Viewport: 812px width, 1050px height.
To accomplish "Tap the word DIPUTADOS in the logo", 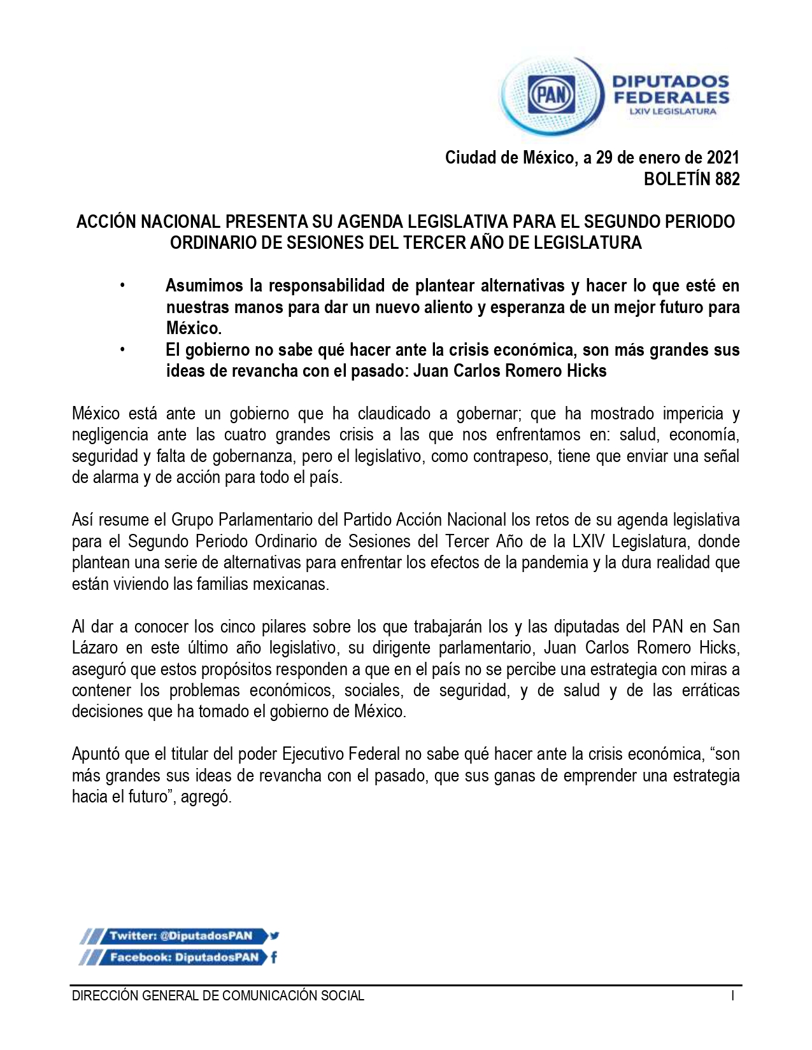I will (x=671, y=81).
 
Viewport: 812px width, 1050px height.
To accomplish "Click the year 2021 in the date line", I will (x=723, y=157).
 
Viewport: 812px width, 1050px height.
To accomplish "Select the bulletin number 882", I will (x=727, y=179).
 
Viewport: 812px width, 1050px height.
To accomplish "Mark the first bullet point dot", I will (x=122, y=286).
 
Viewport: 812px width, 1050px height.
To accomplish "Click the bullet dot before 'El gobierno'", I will (x=122, y=350).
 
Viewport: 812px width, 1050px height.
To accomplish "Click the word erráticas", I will (x=711, y=690).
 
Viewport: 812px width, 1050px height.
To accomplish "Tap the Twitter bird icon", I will (x=274, y=935).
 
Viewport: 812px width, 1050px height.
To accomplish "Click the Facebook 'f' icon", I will (x=274, y=957).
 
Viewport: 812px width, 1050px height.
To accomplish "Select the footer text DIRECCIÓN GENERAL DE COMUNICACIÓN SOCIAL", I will (x=218, y=996).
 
